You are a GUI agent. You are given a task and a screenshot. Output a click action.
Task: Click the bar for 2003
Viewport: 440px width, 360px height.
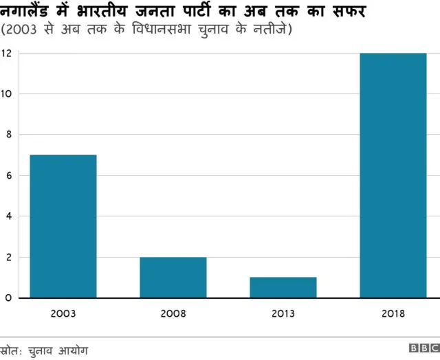click(x=63, y=226)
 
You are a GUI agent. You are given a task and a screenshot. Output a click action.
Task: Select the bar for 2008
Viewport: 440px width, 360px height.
click(x=173, y=278)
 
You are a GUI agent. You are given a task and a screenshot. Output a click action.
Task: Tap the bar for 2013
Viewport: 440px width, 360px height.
click(x=283, y=288)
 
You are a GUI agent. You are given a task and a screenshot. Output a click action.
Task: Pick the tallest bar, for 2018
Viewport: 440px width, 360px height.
click(x=393, y=175)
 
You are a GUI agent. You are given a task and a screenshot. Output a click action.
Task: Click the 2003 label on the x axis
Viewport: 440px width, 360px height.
click(x=63, y=314)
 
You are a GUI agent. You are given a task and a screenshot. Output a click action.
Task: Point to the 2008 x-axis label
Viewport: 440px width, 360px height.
click(x=173, y=314)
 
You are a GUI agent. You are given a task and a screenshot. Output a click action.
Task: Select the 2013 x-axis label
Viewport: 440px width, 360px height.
click(x=283, y=314)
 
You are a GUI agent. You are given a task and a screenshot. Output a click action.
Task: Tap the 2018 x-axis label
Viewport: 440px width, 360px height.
click(x=393, y=314)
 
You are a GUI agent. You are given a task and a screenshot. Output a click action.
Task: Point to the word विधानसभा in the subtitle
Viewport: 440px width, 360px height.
click(x=146, y=30)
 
